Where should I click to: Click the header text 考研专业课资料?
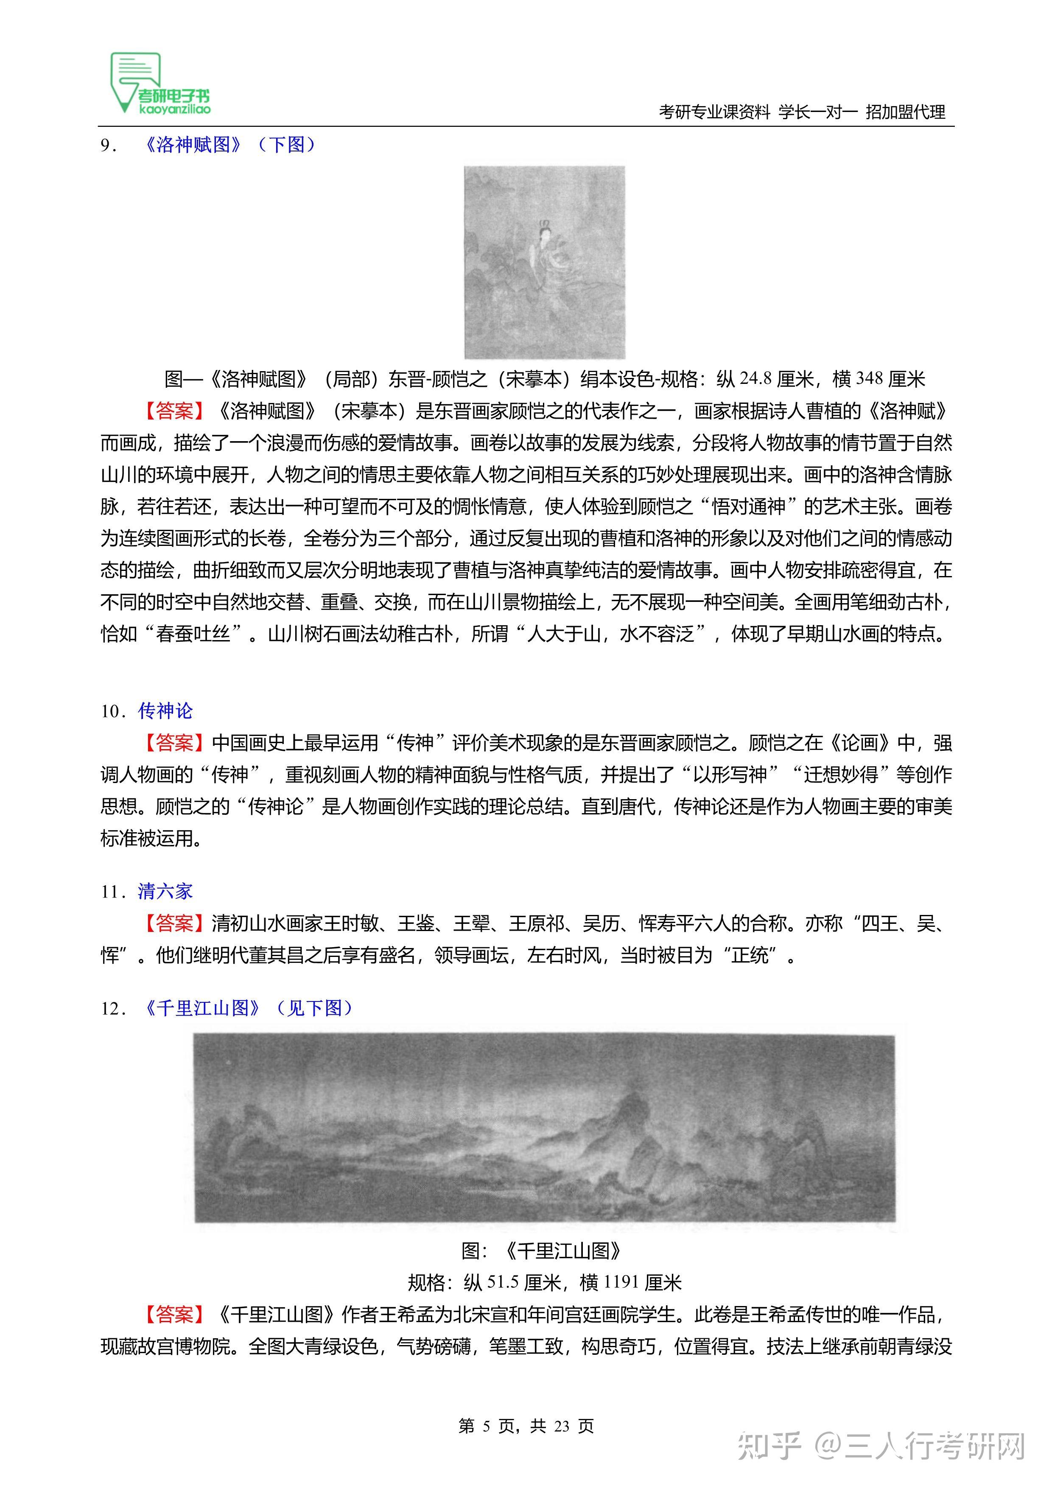pos(713,112)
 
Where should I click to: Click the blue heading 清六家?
pos(165,891)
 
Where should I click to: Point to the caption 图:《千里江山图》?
pos(541,1251)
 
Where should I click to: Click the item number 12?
pos(109,1008)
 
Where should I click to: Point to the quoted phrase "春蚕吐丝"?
pos(193,633)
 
